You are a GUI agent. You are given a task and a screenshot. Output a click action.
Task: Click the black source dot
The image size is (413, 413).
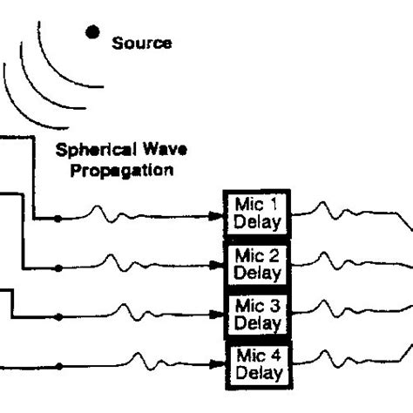tap(91, 32)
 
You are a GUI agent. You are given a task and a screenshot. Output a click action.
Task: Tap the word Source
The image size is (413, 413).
tap(142, 43)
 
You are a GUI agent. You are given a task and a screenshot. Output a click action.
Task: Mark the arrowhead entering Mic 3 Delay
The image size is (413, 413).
tap(218, 316)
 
